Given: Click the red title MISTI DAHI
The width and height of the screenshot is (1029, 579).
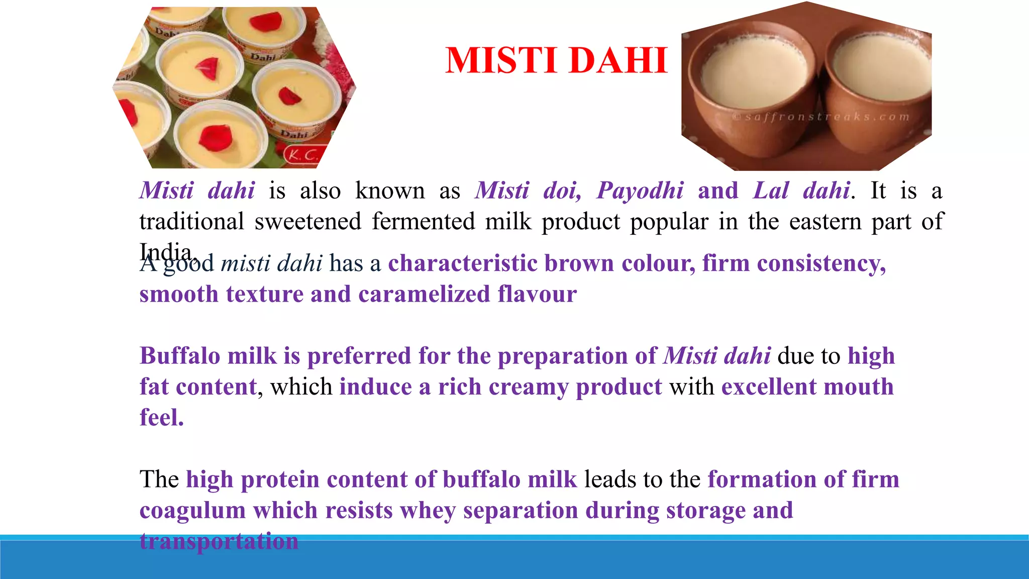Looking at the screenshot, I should point(556,61).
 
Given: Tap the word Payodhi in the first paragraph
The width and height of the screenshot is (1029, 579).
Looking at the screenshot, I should point(640,191).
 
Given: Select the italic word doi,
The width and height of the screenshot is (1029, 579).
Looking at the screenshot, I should point(562,191).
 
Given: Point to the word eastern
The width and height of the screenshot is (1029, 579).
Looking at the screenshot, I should point(825,222).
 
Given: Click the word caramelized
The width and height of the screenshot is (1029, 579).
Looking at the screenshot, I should point(424,295).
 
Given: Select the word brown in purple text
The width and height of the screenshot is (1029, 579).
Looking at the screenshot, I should point(579,263).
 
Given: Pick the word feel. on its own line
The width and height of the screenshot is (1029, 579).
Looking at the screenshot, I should point(162,418).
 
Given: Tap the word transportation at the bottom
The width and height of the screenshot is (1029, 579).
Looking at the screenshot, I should point(219,541).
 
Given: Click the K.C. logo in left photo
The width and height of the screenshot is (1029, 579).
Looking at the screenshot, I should point(302,155).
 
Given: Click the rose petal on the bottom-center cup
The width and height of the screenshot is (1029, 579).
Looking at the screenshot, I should point(215,138).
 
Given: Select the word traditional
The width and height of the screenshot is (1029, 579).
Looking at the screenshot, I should point(191,222).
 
